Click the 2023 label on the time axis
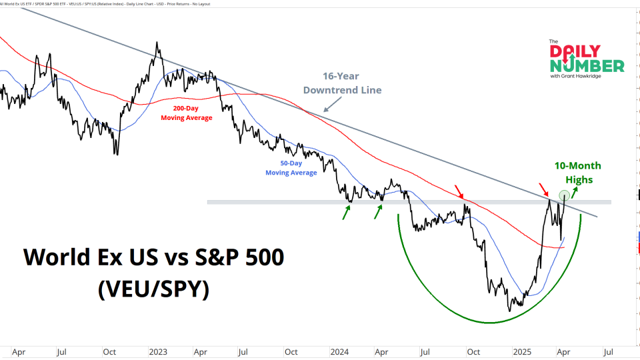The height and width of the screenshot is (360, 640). tap(158, 351)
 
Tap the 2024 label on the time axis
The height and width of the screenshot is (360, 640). tap(339, 351)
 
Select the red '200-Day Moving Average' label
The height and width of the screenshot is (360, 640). tap(186, 113)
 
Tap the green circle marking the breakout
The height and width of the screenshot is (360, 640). tap(564, 195)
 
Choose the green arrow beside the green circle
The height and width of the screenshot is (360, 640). tap(575, 193)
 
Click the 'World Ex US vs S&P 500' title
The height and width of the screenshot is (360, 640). tap(153, 257)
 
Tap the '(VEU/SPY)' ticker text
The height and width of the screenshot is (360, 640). tap(153, 289)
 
